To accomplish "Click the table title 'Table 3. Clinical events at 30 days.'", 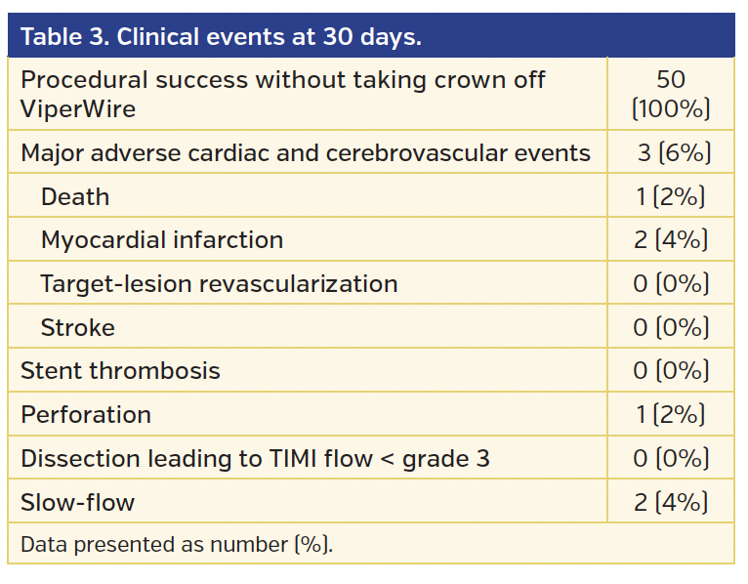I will (x=221, y=37).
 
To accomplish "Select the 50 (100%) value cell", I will (x=671, y=94).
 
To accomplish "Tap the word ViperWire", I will (x=78, y=108).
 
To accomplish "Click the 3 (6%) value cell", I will (x=671, y=153).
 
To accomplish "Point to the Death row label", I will (x=75, y=196).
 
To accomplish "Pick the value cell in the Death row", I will (x=671, y=196).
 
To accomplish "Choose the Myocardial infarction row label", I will (x=162, y=240).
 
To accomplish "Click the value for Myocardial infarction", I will (x=671, y=240).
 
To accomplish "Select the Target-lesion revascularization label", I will (x=219, y=284).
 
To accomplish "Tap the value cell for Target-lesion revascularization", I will (x=671, y=284).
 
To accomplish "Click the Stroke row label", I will (x=78, y=327).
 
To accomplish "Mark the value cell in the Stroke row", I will (x=671, y=327).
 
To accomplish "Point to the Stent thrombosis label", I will (x=120, y=371).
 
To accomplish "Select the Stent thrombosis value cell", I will (x=671, y=371).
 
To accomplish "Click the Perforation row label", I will (x=86, y=414).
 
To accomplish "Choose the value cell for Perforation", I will (x=671, y=414).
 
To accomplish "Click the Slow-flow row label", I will (x=78, y=503).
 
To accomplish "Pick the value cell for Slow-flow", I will (x=671, y=503).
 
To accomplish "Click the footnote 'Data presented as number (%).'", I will (x=177, y=544).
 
